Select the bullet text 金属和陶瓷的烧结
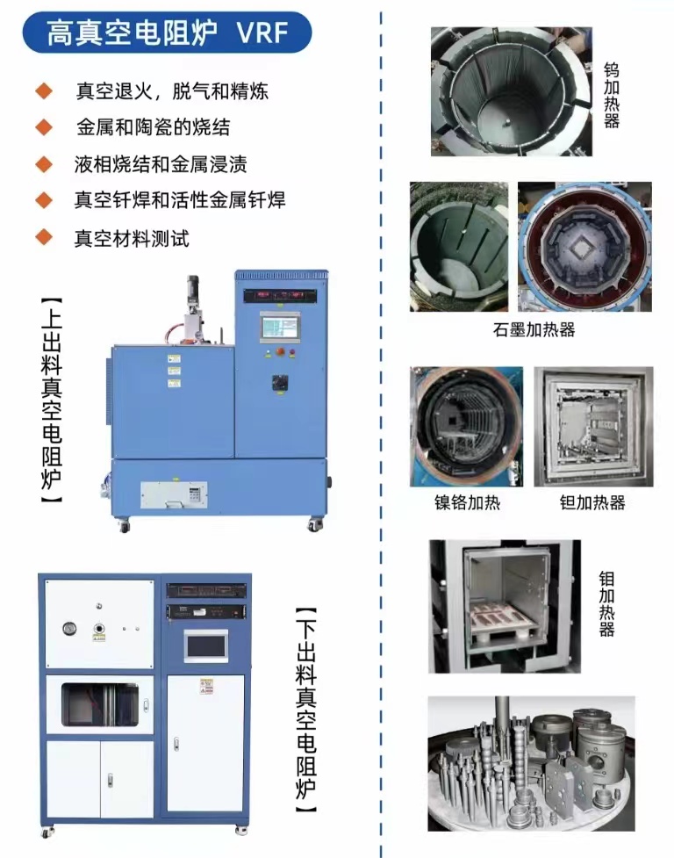(153, 127)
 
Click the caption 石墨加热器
(534, 330)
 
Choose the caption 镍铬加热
(466, 502)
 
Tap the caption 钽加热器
(592, 502)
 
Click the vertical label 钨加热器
(612, 95)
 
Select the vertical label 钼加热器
(606, 604)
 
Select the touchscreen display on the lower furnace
(205, 645)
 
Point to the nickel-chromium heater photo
(466, 427)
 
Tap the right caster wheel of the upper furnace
(313, 525)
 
